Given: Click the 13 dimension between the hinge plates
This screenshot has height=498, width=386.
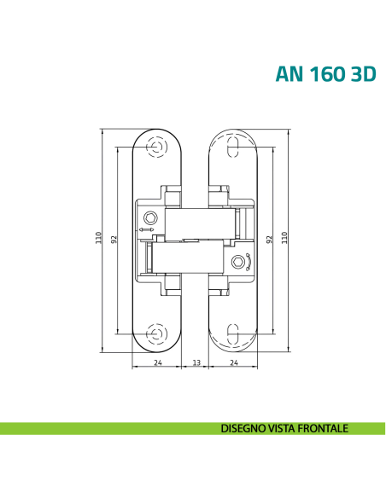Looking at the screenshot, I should [x=196, y=362].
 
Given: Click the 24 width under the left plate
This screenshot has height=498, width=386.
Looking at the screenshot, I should [x=157, y=362].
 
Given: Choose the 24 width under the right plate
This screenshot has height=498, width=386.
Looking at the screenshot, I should [x=234, y=362].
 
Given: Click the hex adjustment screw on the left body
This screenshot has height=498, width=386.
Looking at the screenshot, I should [x=150, y=217].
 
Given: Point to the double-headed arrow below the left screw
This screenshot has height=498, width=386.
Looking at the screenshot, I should [x=147, y=229].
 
